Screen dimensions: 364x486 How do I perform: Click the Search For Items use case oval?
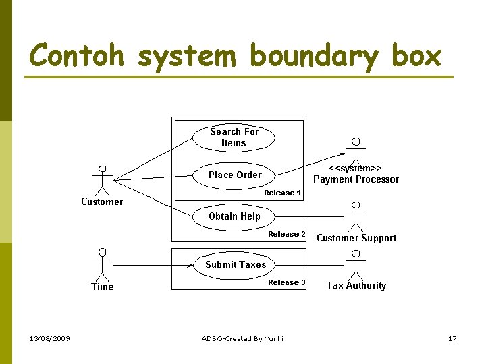234,138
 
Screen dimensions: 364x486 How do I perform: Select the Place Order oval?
234,175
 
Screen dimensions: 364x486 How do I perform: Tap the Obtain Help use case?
234,216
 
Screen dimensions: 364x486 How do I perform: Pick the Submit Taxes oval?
236,264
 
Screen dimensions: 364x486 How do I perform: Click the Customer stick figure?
103,180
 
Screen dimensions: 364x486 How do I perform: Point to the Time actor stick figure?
103,264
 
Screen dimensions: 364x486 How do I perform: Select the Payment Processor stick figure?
354,151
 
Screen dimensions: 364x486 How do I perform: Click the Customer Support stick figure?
355,216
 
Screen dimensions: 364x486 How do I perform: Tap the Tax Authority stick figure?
355,264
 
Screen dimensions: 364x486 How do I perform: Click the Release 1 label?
282,193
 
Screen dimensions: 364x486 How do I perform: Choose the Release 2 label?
286,235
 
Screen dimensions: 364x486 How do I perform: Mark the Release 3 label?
286,282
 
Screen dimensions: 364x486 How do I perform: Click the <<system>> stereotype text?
356,168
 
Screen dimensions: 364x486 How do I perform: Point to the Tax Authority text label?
356,286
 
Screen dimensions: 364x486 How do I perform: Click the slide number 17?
452,338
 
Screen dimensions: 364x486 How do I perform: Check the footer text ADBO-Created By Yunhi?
242,338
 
